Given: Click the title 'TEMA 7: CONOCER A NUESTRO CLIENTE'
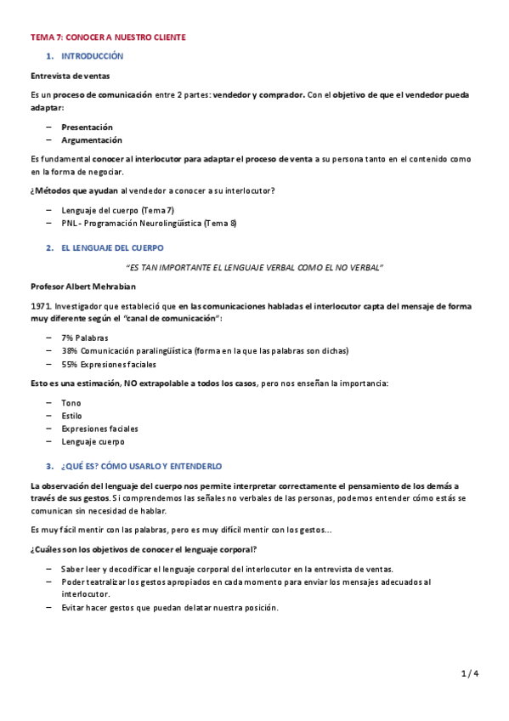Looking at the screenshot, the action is point(108,37).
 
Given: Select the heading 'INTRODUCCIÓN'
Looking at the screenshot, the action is point(92,56).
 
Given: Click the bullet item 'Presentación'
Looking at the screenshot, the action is point(87,127).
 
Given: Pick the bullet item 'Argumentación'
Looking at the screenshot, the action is point(91,139).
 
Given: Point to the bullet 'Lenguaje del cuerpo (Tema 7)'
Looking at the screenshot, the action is point(117,210).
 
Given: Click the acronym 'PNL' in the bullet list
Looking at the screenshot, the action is point(69,223).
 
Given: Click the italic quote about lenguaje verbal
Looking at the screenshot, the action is point(254,267).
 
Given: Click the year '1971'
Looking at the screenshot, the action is point(39,305).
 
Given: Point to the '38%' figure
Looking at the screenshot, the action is point(70,350).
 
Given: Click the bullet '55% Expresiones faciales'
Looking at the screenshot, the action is point(109,364).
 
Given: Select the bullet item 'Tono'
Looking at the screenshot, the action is point(71,403).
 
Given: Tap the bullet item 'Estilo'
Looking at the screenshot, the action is point(72,416).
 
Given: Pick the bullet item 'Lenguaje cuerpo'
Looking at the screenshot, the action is point(93,441).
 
